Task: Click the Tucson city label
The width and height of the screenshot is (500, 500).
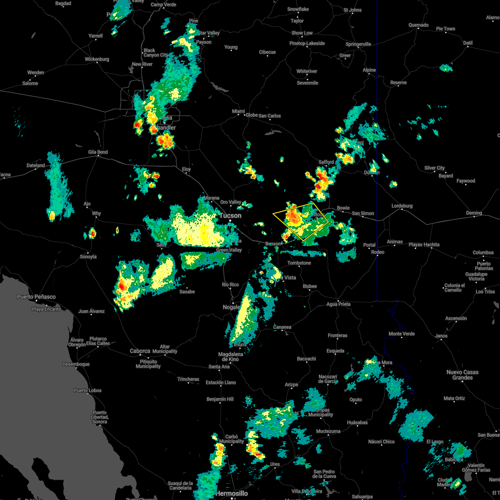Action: coord(230,215)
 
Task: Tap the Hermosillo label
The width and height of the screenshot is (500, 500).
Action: coord(231,493)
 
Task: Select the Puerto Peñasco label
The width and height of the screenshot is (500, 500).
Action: coord(36,297)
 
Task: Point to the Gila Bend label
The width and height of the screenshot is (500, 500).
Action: coord(98,152)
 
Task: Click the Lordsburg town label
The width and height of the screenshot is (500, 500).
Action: coord(402,206)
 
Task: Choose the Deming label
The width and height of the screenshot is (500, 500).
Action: coord(474,213)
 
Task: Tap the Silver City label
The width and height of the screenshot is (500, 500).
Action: coord(435,168)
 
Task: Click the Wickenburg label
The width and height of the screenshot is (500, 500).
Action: coord(97,59)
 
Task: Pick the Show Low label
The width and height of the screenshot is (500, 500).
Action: coord(302,33)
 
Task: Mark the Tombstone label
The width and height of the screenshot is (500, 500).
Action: coord(299,263)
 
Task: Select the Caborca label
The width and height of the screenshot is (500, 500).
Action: coord(140,351)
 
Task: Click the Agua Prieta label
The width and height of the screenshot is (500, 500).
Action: coord(338,304)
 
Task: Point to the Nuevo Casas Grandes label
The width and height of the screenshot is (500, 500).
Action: coord(462,375)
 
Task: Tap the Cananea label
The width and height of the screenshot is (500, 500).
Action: coord(282,327)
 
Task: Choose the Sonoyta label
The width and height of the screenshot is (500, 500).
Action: coord(88,257)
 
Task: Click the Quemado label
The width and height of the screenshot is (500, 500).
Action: coord(418,25)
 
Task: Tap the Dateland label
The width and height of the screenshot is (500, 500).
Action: coord(36,165)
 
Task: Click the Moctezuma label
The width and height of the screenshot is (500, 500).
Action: coord(328,431)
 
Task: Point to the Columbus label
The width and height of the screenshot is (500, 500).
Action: coord(483,252)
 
